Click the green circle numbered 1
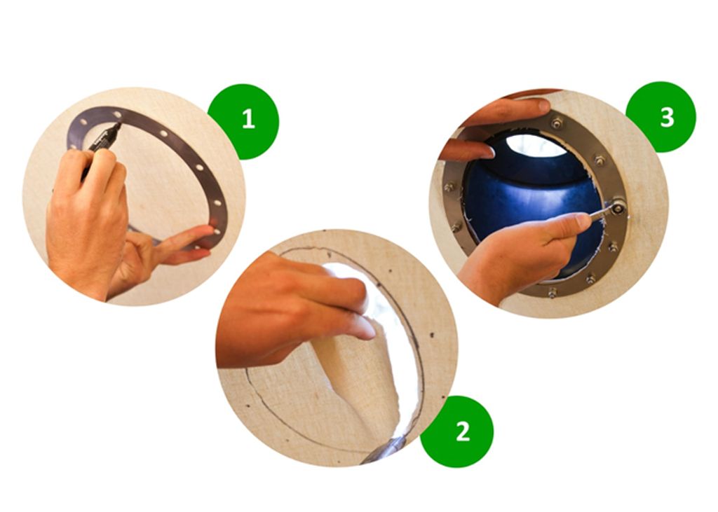[x=243, y=121]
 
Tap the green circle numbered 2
[x=456, y=431]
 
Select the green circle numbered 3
[x=661, y=117]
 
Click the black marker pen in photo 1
[x=102, y=146]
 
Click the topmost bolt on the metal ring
[x=557, y=123]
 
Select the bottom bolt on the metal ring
[x=553, y=293]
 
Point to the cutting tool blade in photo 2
[x=386, y=450]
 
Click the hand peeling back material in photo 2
[x=293, y=311]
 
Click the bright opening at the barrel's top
[x=536, y=145]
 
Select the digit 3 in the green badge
[x=668, y=117]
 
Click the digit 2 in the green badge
[x=463, y=431]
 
